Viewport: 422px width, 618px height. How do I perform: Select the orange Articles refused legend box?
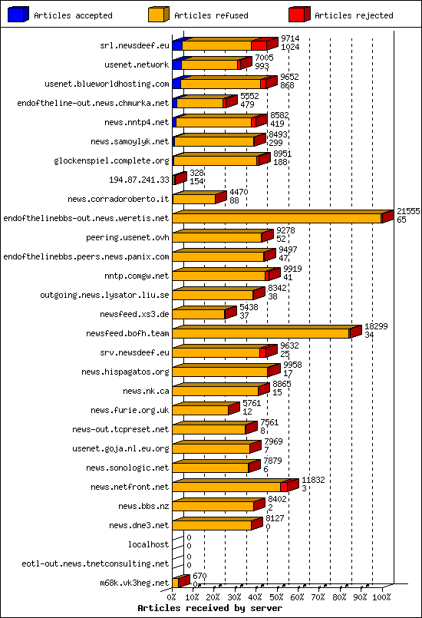coord(158,15)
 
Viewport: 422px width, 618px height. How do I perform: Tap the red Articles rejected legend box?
coord(298,15)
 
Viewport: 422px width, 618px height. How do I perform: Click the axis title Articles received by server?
coord(209,607)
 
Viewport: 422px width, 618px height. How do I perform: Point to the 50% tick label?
coord(277,596)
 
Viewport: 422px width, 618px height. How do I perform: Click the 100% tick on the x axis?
coord(381,596)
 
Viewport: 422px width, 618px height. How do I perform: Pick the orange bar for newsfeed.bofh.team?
coord(261,333)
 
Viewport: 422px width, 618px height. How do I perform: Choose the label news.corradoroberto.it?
coord(118,199)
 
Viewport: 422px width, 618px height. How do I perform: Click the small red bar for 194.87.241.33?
coord(180,179)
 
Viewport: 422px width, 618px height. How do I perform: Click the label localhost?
coord(148,544)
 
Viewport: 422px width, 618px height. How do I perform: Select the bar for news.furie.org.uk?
coord(201,410)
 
